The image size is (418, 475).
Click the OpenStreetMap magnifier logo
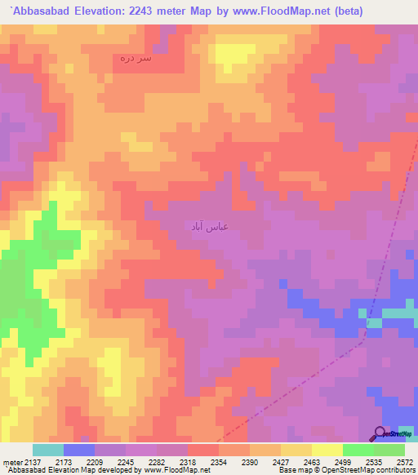pos(380,434)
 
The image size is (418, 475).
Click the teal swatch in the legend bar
pos(47,450)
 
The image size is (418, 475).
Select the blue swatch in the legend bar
pos(79,450)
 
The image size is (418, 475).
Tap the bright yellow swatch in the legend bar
pos(327,450)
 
